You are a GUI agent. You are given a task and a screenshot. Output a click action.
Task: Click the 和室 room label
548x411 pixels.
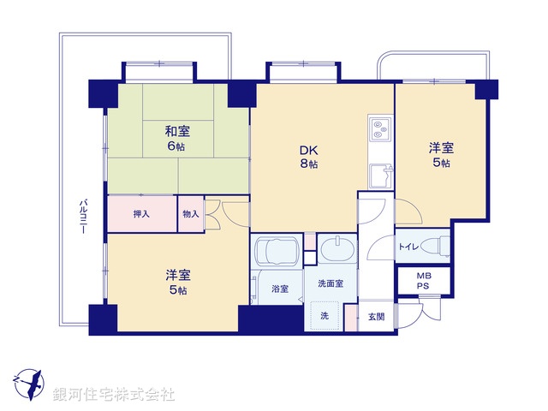(x=177, y=131)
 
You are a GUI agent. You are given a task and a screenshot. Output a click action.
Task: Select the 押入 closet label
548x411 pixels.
(x=141, y=214)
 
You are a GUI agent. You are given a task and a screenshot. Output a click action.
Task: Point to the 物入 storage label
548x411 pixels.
(x=190, y=214)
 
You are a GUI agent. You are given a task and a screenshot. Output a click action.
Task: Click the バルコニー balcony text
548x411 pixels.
(x=83, y=218)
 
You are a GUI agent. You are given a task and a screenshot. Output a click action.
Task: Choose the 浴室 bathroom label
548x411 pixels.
(x=279, y=289)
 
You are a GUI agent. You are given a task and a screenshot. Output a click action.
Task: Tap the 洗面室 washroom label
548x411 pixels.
(x=330, y=283)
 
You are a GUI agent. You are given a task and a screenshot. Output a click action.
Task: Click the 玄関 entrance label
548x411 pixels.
(x=376, y=317)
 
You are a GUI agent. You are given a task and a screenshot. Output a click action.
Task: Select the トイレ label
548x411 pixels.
(x=408, y=247)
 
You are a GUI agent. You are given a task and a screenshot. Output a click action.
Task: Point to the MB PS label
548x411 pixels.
(x=424, y=281)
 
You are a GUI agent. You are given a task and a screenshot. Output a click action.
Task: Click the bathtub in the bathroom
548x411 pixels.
(x=277, y=253)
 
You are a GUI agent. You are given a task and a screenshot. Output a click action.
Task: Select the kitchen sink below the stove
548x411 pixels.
(x=378, y=178)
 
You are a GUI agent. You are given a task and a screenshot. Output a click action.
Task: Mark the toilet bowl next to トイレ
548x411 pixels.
(x=437, y=246)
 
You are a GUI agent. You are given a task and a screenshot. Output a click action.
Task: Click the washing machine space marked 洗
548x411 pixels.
(x=325, y=316)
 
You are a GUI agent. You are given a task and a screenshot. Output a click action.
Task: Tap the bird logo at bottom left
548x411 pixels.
(x=29, y=381)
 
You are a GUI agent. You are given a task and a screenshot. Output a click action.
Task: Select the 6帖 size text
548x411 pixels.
(x=177, y=146)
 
